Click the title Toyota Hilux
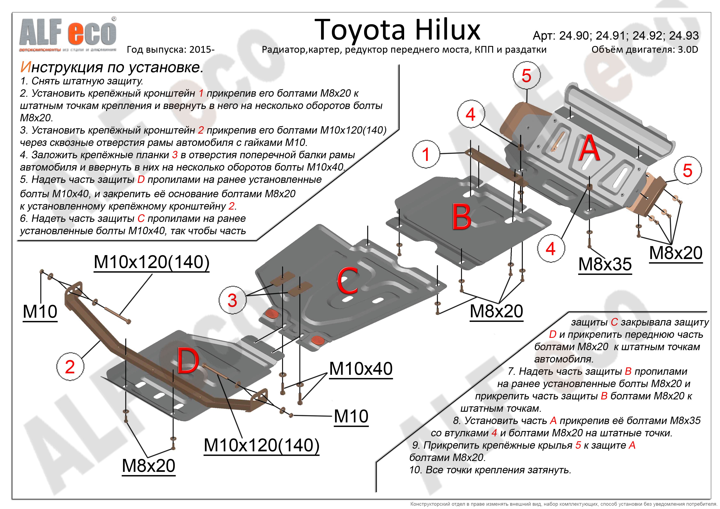397,30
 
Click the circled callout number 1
425,154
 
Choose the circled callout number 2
70,367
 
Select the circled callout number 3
232,300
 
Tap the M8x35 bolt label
605,264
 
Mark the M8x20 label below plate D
148,465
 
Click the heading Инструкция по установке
112,67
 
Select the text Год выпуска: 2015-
171,49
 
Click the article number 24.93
684,36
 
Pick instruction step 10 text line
490,470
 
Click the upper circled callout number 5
526,76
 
